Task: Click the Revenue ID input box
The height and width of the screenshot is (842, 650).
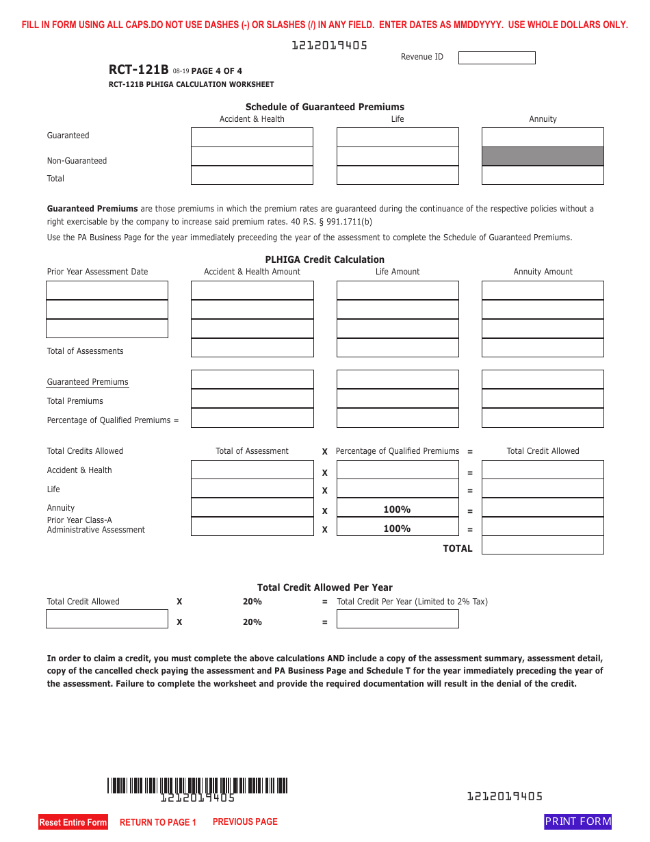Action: coord(497,58)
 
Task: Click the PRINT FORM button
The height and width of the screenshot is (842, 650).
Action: coord(577,821)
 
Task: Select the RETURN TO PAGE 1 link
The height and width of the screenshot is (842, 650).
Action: coord(158,822)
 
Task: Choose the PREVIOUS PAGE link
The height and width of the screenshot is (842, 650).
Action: coord(245,821)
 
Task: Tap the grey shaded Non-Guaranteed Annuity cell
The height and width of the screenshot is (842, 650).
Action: coord(543,156)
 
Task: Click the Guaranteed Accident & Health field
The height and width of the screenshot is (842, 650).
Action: coord(252,137)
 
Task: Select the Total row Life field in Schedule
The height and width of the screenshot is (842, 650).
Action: coord(398,175)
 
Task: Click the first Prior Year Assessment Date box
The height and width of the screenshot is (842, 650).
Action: coord(107,290)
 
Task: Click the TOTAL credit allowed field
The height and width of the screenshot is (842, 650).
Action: coord(543,545)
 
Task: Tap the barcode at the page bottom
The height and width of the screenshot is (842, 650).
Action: coord(197,785)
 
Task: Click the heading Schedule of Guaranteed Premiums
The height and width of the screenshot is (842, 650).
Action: coord(325,107)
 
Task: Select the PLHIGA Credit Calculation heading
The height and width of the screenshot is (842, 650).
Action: coord(325,259)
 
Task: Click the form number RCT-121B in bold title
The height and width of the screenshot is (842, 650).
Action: coord(138,69)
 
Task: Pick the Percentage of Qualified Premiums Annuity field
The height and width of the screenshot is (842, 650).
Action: coord(543,418)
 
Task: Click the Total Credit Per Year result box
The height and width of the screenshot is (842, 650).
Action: coord(398,619)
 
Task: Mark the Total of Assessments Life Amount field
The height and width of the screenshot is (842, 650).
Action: coord(398,348)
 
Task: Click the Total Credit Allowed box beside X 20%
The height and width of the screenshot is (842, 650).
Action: coord(107,619)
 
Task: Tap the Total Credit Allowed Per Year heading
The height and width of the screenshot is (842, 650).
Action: coord(325,587)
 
